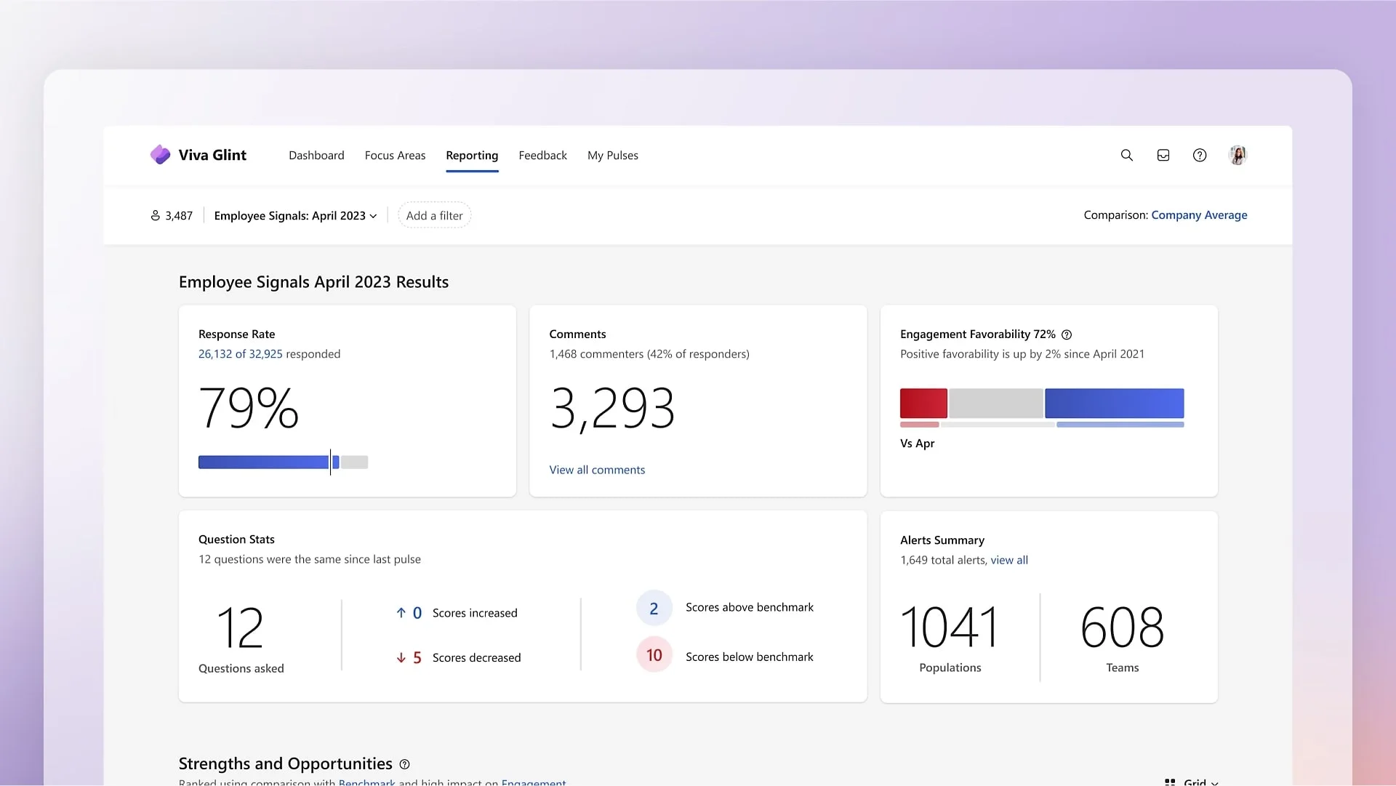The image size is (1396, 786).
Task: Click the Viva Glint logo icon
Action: point(160,155)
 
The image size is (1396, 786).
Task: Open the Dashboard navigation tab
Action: point(316,156)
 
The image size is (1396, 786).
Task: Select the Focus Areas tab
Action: point(395,156)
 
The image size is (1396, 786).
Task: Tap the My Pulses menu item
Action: point(612,156)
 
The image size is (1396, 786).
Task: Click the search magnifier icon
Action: point(1127,155)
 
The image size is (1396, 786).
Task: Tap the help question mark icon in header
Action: point(1200,155)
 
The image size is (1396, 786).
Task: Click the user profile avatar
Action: point(1237,155)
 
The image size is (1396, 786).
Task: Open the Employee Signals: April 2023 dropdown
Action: point(295,216)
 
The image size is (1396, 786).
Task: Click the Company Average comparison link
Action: point(1199,215)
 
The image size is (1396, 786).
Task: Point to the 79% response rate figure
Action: point(249,408)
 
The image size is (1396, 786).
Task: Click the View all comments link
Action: point(597,470)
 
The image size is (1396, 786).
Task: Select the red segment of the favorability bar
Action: point(923,404)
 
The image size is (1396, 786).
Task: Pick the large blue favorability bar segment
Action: point(1114,404)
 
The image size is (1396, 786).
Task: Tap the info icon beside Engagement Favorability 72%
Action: point(1067,335)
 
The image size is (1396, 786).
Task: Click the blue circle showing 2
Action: point(654,609)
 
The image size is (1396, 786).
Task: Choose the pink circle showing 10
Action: point(654,655)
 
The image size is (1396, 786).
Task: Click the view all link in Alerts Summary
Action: point(1009,561)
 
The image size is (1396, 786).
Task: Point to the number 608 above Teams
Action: point(1122,627)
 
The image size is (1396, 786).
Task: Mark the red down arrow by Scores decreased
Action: point(401,658)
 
